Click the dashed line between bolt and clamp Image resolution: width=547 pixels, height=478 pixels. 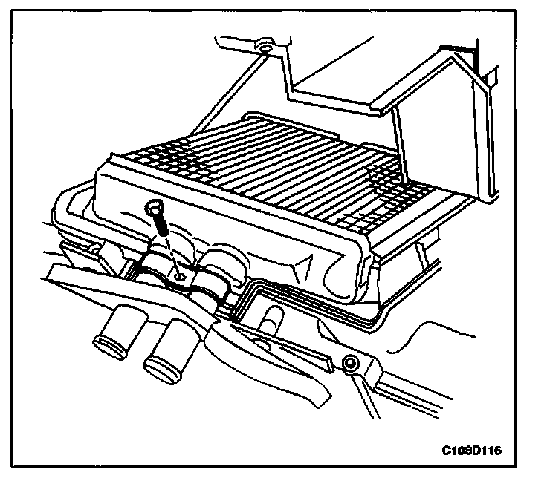[x=170, y=255]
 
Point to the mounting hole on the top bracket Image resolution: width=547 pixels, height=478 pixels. [x=263, y=50]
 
